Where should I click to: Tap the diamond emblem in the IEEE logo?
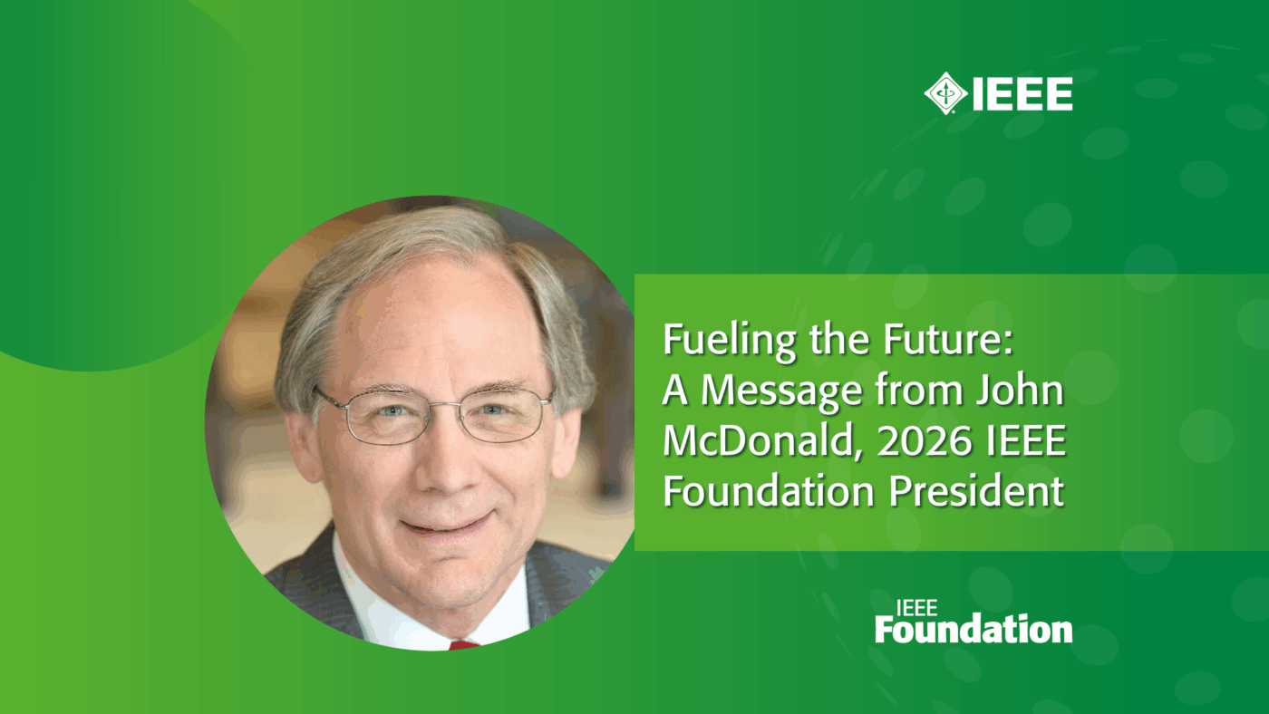pos(945,93)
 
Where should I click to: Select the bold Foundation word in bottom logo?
pos(974,628)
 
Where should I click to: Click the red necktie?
pos(463,645)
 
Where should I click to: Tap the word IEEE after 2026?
pos(1022,441)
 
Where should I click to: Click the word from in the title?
pos(912,391)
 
